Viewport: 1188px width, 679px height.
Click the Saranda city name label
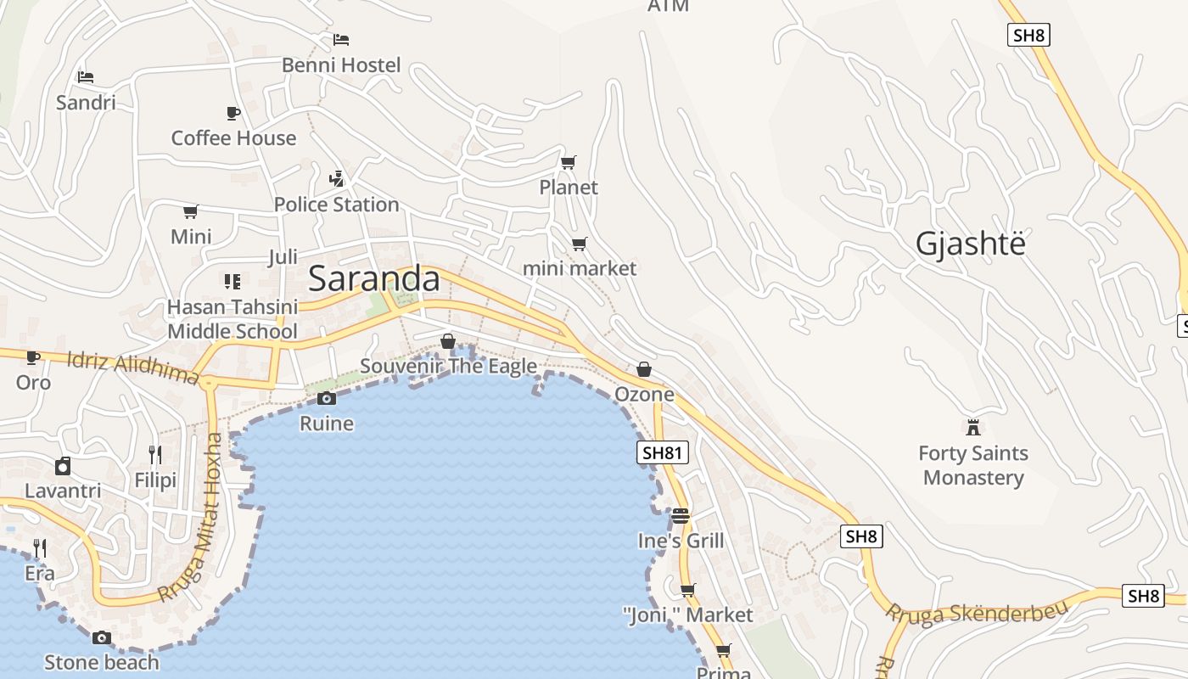(374, 278)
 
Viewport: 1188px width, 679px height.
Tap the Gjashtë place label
(970, 244)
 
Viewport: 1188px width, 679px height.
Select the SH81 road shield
(662, 452)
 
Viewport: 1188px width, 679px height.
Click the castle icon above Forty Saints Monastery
(973, 426)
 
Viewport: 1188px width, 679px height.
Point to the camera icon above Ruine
(326, 398)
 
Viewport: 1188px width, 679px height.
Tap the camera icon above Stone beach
(101, 637)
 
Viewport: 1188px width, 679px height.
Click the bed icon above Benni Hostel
(341, 40)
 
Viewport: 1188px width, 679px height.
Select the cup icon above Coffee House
(233, 113)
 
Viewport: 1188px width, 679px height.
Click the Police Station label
(336, 205)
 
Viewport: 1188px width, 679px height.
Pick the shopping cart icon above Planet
(569, 162)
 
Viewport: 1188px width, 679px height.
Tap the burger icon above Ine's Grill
(680, 515)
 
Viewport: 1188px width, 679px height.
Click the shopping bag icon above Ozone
(644, 369)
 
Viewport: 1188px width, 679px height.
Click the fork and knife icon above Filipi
(155, 455)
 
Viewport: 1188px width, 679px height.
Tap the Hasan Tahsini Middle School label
(233, 319)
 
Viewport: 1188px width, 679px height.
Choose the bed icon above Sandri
(86, 76)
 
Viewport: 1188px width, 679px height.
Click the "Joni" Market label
(687, 614)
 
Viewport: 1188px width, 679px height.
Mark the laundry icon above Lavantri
(63, 466)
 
